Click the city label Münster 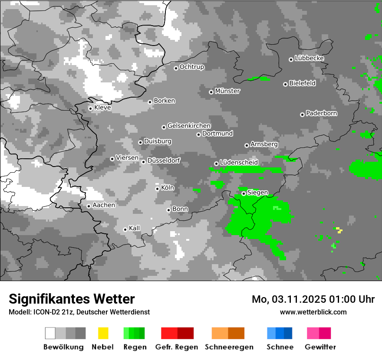[227, 91]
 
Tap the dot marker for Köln [157, 189]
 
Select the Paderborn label [322, 113]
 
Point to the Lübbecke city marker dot [291, 59]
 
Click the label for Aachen [104, 205]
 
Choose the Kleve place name [102, 108]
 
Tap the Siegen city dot [244, 193]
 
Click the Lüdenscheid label [239, 163]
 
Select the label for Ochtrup [192, 67]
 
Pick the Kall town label [135, 228]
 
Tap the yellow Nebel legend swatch [103, 333]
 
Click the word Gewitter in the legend [320, 347]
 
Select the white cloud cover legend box [50, 333]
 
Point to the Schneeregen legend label [228, 347]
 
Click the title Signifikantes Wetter [72, 299]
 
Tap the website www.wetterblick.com [313, 312]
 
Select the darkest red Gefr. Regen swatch [185, 333]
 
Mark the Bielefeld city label [303, 83]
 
